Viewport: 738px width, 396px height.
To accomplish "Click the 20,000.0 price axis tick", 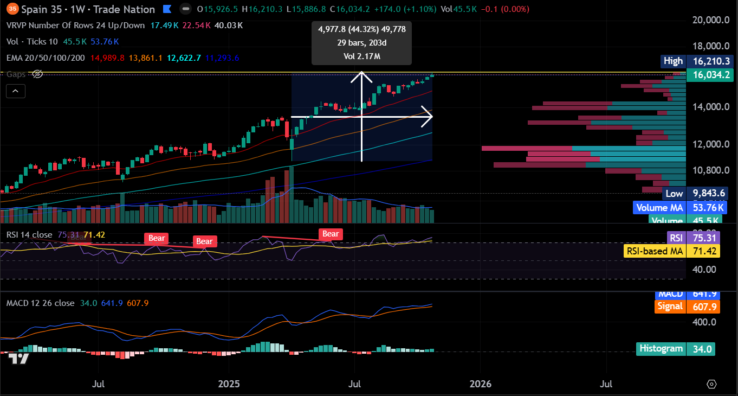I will click(x=711, y=20).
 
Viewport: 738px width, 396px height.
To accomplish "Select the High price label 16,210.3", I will click(x=709, y=61).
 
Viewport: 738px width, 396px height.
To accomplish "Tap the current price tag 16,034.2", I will click(x=709, y=75).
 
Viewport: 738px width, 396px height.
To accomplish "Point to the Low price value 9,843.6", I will click(x=707, y=194).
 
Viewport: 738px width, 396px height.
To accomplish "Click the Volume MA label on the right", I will click(x=659, y=207).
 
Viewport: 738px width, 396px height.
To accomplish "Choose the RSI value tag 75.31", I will click(x=706, y=237).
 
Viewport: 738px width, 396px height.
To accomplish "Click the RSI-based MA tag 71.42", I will click(x=706, y=251).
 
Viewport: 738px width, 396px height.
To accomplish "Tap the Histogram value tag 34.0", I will click(x=701, y=349).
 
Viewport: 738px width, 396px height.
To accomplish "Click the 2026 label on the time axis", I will click(x=480, y=384).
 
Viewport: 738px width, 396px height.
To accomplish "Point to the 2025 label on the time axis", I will click(x=229, y=384).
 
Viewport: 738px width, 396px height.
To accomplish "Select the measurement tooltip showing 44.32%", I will click(x=361, y=42).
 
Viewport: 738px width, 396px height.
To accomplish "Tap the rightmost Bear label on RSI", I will click(x=331, y=234).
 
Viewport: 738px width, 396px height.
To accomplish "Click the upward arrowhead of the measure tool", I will click(x=361, y=75).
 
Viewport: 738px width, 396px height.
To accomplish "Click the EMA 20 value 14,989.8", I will click(x=108, y=58).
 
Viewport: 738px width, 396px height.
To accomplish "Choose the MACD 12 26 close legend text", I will click(x=41, y=303).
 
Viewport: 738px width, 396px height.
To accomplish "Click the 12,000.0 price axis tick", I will click(x=711, y=144).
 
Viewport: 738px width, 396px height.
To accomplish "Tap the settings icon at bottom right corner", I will click(x=712, y=384).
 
